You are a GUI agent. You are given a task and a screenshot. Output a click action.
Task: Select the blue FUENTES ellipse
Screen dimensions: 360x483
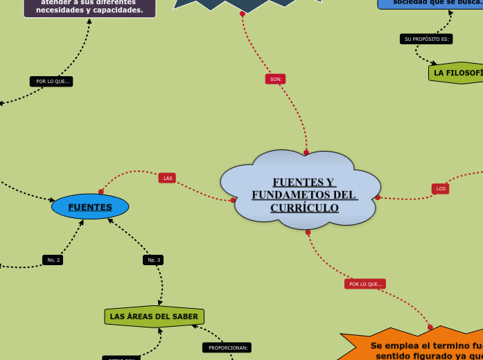click(x=90, y=207)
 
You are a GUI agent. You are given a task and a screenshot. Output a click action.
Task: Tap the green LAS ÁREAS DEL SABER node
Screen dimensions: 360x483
click(x=154, y=316)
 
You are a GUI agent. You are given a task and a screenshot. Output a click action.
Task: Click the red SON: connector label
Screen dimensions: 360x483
click(x=275, y=80)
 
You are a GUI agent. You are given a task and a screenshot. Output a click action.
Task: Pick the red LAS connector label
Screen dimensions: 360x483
click(x=167, y=178)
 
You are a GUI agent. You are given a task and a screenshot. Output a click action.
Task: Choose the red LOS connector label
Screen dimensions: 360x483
click(x=441, y=188)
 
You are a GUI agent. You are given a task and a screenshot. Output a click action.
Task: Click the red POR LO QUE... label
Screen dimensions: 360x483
click(x=365, y=284)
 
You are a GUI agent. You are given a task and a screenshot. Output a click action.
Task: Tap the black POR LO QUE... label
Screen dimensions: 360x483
click(x=51, y=81)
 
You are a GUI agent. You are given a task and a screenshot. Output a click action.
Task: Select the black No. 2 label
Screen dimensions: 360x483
click(x=53, y=260)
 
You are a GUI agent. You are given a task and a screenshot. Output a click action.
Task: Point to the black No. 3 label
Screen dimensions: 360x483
click(x=153, y=260)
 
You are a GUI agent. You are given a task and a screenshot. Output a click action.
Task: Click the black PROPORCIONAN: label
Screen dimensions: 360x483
click(x=227, y=348)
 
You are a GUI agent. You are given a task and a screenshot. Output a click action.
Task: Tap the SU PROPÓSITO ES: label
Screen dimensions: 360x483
click(x=426, y=39)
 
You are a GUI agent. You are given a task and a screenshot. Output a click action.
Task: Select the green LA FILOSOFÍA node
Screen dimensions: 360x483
click(x=456, y=73)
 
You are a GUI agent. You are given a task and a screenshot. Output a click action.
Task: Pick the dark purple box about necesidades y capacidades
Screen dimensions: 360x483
click(x=89, y=7)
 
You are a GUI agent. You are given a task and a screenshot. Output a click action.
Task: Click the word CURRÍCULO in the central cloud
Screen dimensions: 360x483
click(x=304, y=208)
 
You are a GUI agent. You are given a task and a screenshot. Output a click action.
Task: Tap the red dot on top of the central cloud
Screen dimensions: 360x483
click(x=306, y=152)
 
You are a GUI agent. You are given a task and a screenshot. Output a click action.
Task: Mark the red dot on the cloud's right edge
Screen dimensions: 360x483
click(x=378, y=197)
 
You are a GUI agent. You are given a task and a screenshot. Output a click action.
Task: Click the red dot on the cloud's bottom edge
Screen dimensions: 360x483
click(x=308, y=232)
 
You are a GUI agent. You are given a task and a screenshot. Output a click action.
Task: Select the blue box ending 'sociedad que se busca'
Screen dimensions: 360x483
click(x=433, y=3)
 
